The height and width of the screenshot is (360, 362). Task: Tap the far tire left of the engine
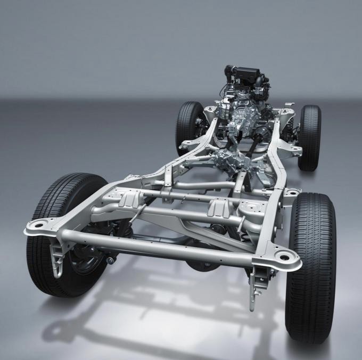point(188,128)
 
